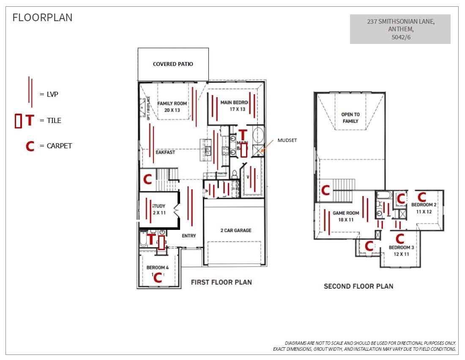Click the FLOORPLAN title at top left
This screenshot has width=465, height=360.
point(42,17)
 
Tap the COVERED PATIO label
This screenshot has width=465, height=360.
point(173,64)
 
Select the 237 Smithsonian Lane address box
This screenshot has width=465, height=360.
point(400,29)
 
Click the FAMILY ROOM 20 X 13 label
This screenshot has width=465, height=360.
point(172,106)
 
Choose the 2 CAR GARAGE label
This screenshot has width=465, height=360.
point(235,230)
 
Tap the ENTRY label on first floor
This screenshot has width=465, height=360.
point(189,235)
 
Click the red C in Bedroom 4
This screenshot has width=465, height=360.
point(158,278)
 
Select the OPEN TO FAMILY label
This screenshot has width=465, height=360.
point(350,118)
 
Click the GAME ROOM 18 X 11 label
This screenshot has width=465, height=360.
point(345,216)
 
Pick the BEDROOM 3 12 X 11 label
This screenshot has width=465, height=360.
point(401,251)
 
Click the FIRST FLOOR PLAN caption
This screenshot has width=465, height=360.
point(221,282)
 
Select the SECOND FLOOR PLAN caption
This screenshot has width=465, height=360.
point(358,286)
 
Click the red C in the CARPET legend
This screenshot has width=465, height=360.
point(30,146)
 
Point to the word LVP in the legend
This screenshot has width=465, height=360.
point(52,94)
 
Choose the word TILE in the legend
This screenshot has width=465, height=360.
point(54,120)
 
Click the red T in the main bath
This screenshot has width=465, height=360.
point(243,135)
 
